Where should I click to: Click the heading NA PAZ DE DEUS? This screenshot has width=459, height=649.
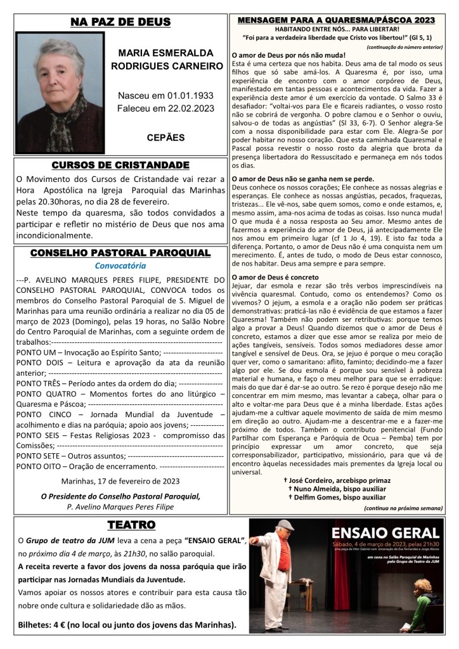pyautogui.click(x=120, y=23)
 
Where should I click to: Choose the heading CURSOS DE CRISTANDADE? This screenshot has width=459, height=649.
pyautogui.click(x=120, y=165)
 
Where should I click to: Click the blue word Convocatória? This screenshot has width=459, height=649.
pyautogui.click(x=120, y=266)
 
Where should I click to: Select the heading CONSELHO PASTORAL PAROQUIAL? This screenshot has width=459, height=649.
pyautogui.click(x=120, y=254)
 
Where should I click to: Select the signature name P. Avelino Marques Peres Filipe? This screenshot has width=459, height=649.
pyautogui.click(x=120, y=506)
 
